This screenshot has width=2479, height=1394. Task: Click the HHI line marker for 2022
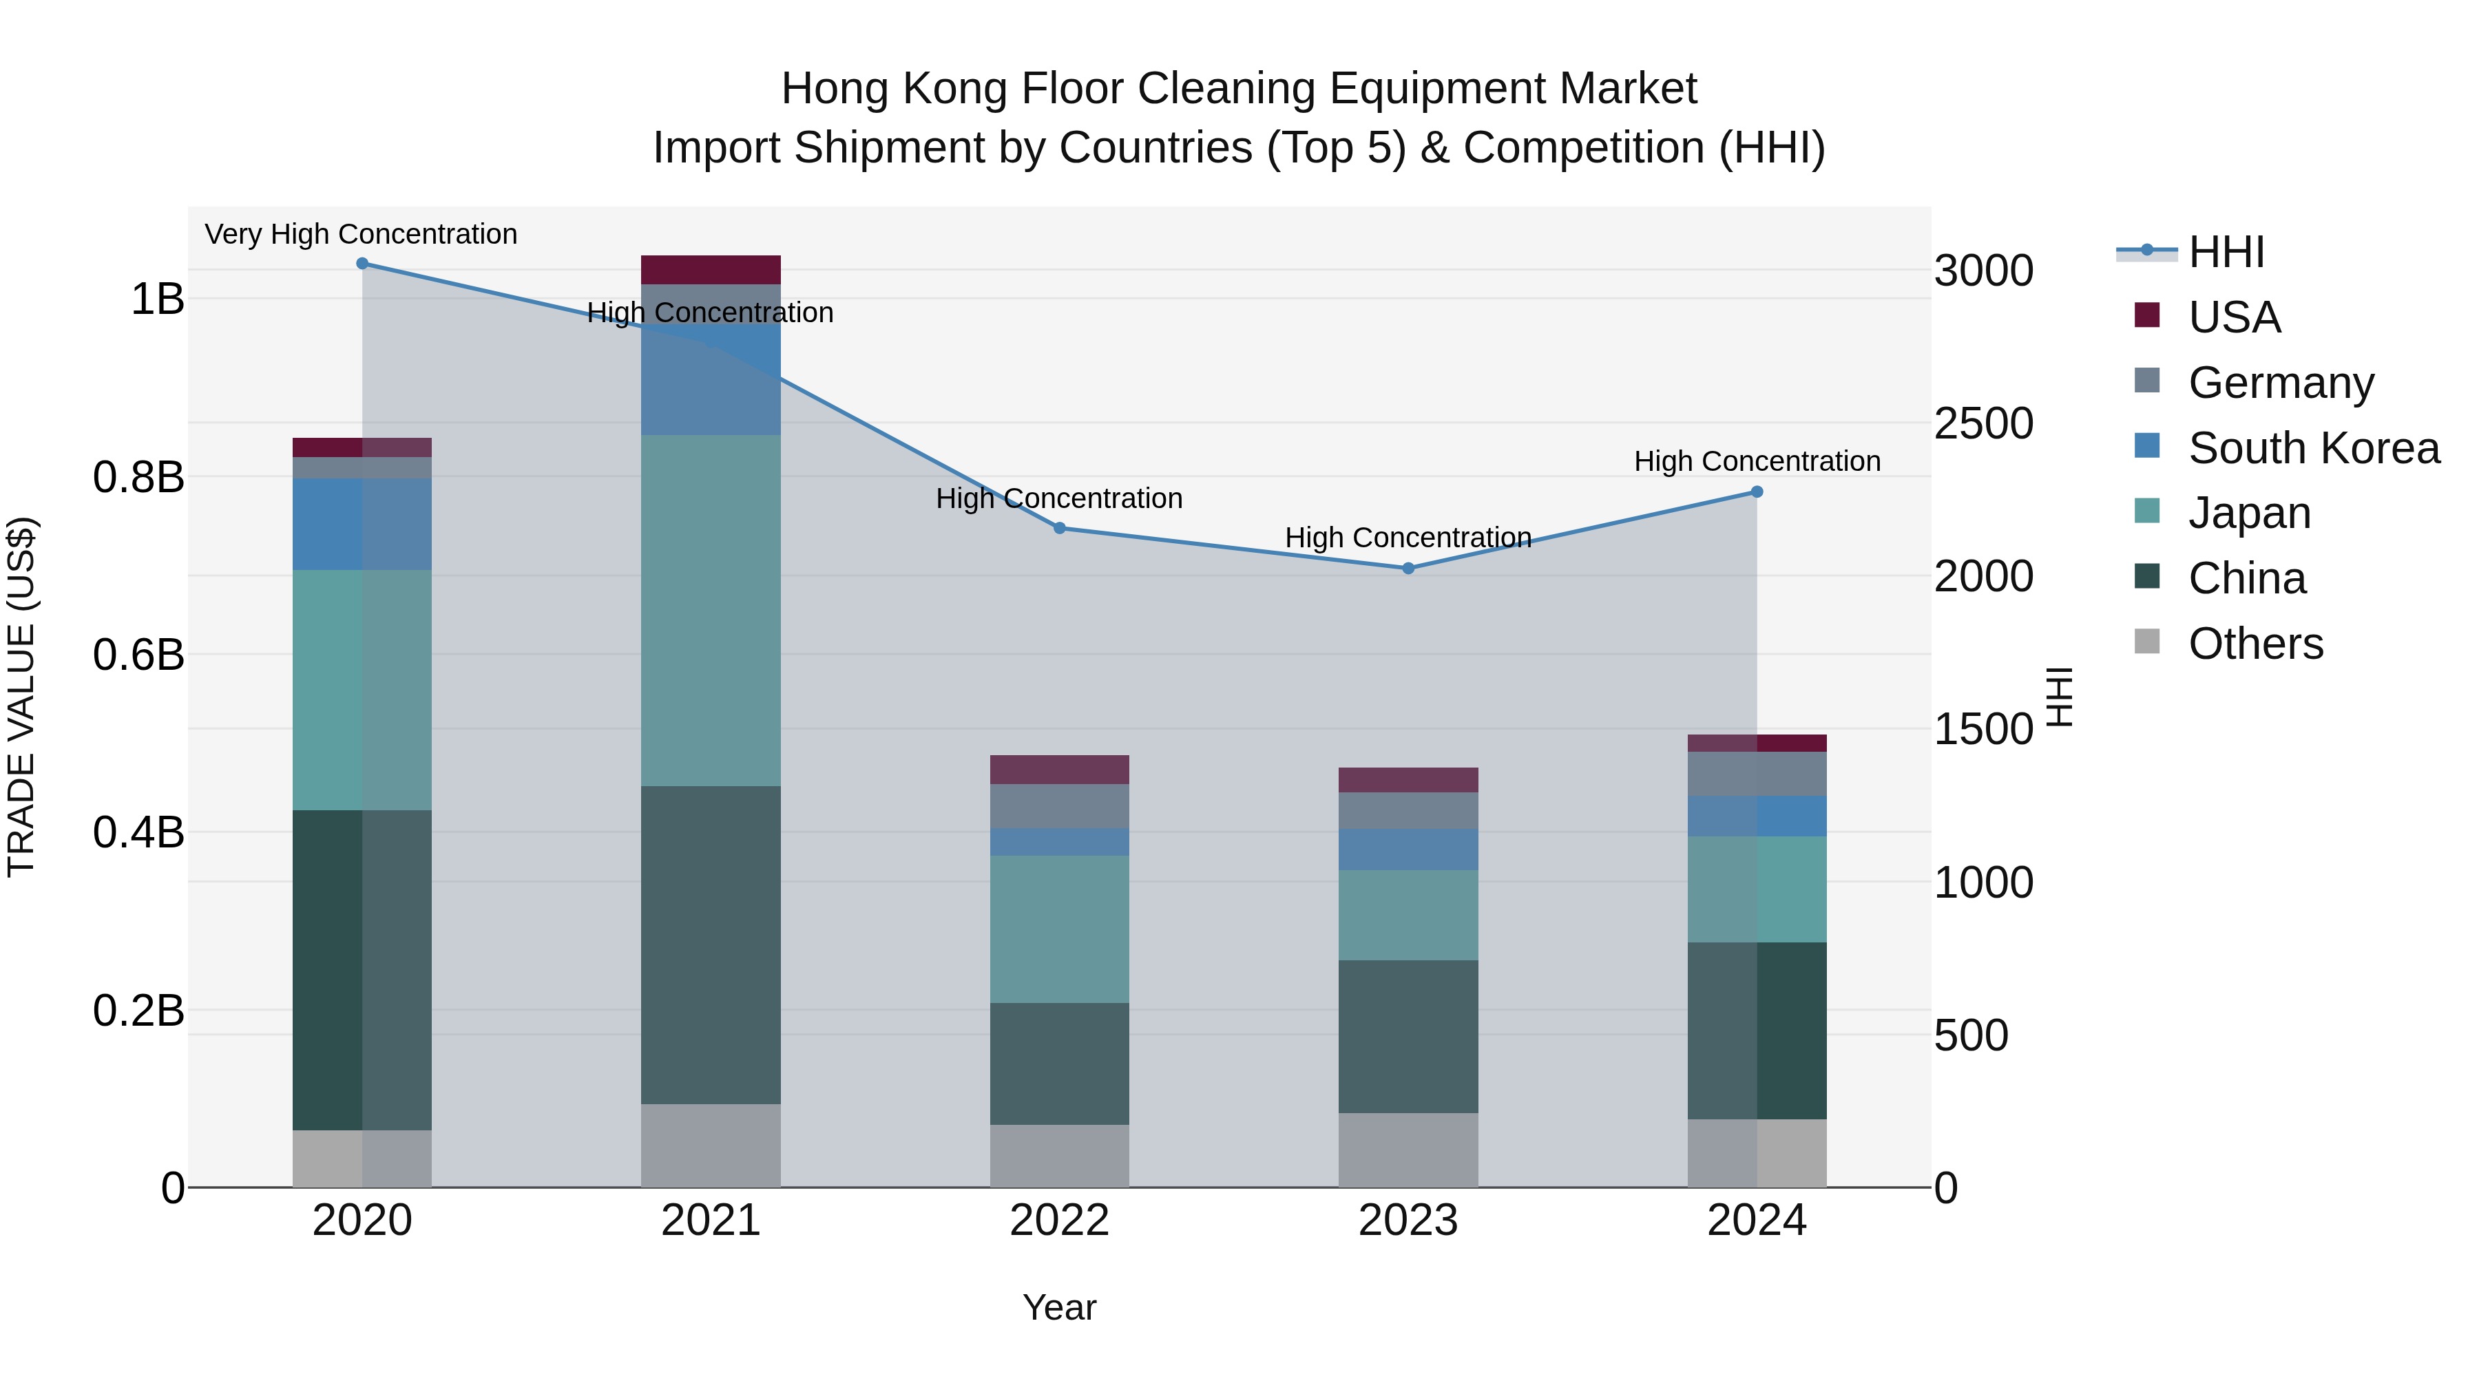coord(1060,527)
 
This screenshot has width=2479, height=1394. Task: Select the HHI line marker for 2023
coord(1408,568)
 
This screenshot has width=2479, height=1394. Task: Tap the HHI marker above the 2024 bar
coord(1756,492)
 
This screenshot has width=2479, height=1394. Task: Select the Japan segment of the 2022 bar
coord(1060,929)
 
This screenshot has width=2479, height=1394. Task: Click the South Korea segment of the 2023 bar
coord(1408,849)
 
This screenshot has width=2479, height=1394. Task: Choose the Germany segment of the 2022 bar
coord(1060,805)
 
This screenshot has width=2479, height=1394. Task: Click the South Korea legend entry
coord(2314,447)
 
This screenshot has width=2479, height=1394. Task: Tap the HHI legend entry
coord(2226,252)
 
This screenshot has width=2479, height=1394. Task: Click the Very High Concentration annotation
coord(361,234)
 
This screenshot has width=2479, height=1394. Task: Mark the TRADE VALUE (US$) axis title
coord(21,697)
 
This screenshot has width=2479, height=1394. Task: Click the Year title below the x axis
coord(1060,1307)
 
